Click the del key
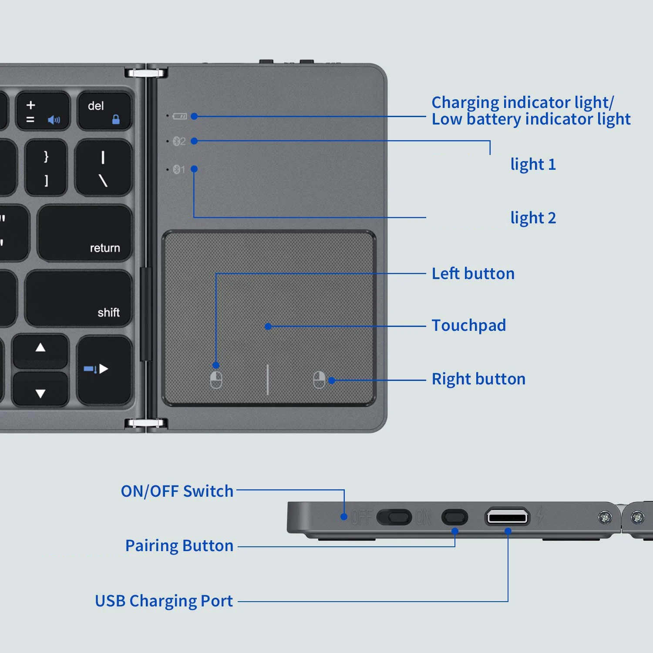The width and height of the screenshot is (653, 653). click(104, 111)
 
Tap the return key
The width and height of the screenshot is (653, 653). click(85, 233)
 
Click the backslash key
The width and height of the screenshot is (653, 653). click(103, 168)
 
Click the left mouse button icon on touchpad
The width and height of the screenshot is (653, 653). click(216, 380)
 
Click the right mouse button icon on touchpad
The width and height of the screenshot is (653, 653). click(319, 380)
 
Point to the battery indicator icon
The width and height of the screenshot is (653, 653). click(179, 116)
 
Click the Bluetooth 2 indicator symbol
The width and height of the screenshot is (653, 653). click(179, 141)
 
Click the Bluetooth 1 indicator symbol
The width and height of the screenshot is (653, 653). click(178, 169)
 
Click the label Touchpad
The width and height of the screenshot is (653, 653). click(468, 326)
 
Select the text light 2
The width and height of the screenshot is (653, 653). click(533, 218)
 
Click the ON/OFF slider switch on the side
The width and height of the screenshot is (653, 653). click(394, 517)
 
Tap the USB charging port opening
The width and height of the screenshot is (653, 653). click(507, 517)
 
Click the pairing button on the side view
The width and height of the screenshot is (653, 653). click(454, 517)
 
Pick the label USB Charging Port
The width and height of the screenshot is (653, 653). click(164, 601)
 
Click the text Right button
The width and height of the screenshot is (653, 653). click(478, 379)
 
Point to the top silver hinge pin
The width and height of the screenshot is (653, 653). click(146, 72)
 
